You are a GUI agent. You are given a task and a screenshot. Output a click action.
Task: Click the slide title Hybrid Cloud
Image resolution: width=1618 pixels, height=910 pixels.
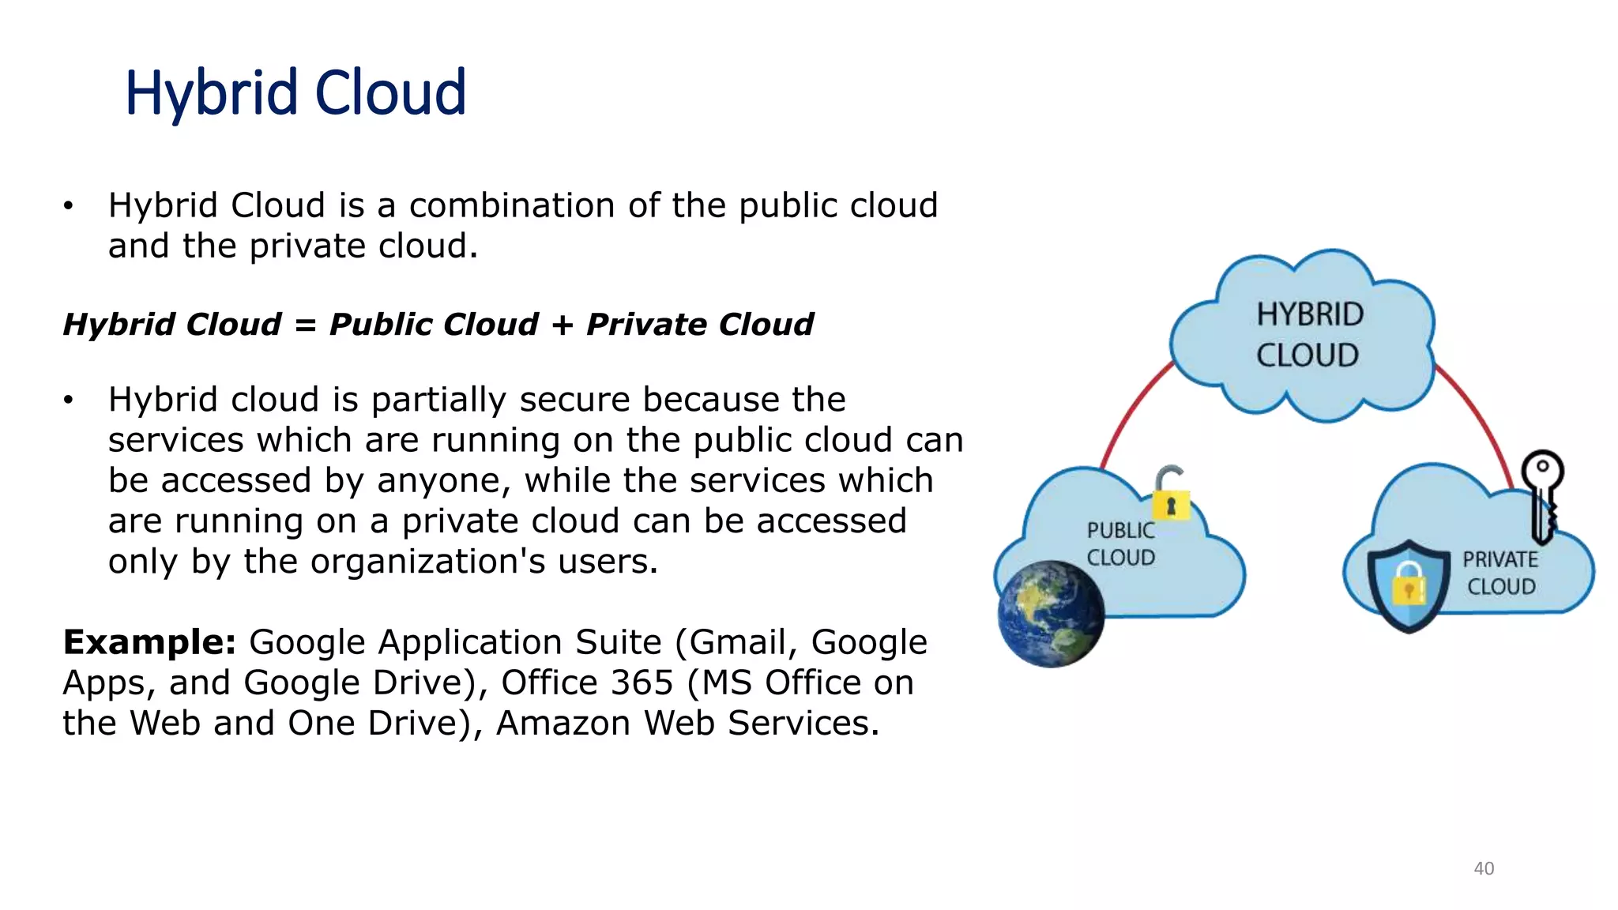coord(295,93)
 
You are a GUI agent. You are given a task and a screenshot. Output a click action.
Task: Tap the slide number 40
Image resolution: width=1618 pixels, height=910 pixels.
coord(1484,869)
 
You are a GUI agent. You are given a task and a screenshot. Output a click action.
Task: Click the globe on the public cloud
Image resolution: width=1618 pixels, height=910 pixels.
coord(1051,614)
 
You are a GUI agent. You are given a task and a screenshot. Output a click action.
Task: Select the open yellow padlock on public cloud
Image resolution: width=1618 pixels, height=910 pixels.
coord(1171,494)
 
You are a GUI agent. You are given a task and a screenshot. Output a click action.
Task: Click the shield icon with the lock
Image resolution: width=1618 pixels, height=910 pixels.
coord(1408,585)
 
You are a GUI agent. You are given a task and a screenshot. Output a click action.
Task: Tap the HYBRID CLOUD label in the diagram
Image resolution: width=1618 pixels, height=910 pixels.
coord(1309,335)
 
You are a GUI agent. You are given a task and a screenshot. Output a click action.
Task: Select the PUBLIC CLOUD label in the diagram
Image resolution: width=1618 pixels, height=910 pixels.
coord(1120,544)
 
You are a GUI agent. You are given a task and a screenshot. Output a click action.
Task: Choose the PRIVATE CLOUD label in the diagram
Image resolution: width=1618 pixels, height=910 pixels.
coord(1500,573)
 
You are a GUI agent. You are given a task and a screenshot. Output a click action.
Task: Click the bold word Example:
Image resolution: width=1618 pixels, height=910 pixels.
coord(149,642)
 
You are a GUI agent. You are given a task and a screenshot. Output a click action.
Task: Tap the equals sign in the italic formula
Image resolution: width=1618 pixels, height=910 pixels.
coord(305,325)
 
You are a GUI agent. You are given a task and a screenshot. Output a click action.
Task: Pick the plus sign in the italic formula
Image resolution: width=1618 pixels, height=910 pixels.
coord(563,325)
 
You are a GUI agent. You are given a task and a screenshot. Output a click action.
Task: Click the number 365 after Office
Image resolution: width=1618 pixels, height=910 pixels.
coord(642,682)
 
